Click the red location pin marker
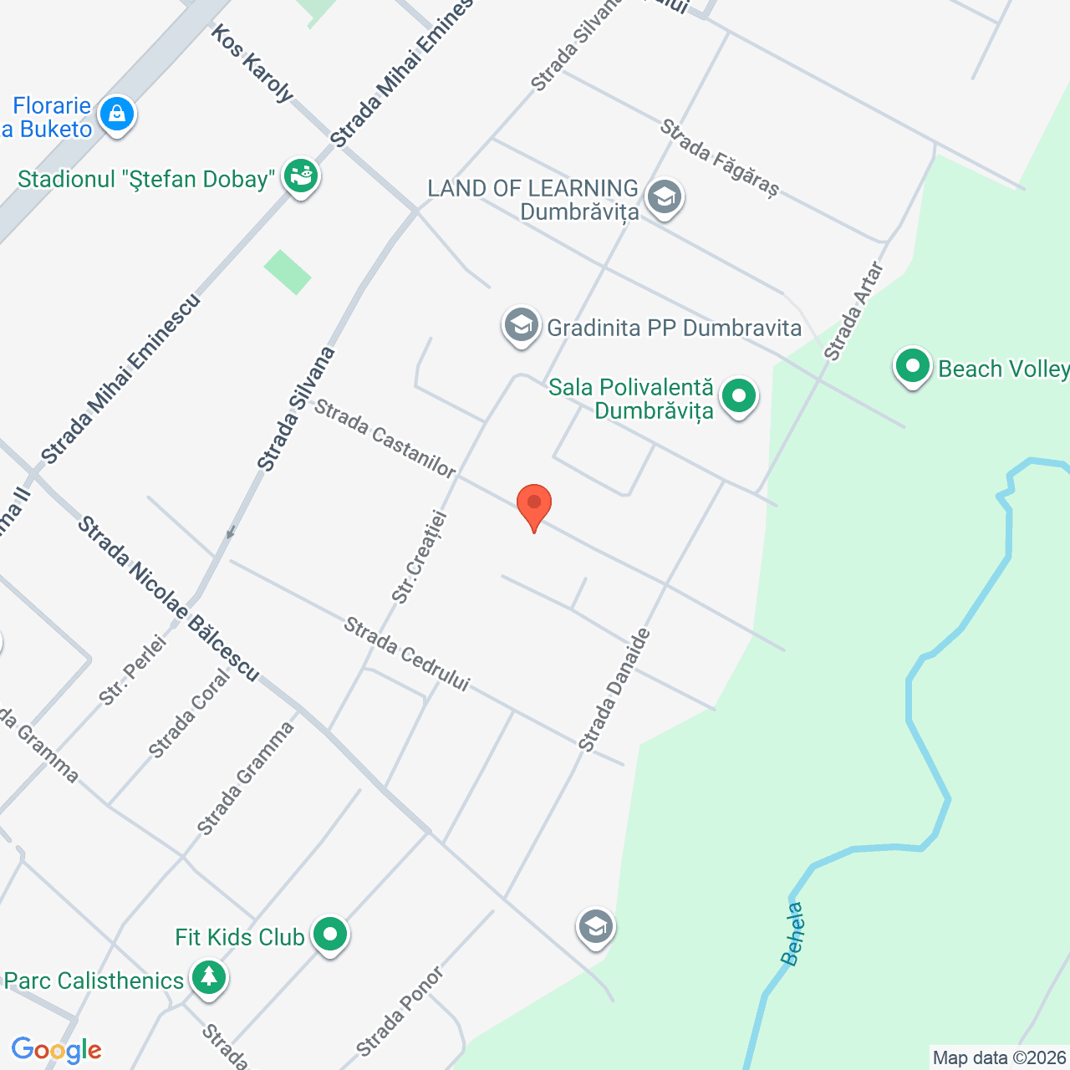point(533,505)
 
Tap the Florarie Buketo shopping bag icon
point(116,114)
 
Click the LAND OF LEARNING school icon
point(664,198)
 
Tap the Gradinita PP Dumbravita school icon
point(521,325)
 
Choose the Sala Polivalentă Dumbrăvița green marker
point(738,397)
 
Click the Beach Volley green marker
point(912,367)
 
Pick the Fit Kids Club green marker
point(330,935)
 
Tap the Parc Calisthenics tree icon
point(208,977)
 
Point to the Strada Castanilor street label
point(385,439)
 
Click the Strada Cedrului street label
point(407,655)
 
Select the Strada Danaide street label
point(614,690)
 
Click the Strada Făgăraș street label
point(719,158)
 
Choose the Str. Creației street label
point(420,557)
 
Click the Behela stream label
point(793,934)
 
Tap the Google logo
point(56,1050)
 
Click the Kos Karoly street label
point(252,63)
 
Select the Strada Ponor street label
point(400,1011)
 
